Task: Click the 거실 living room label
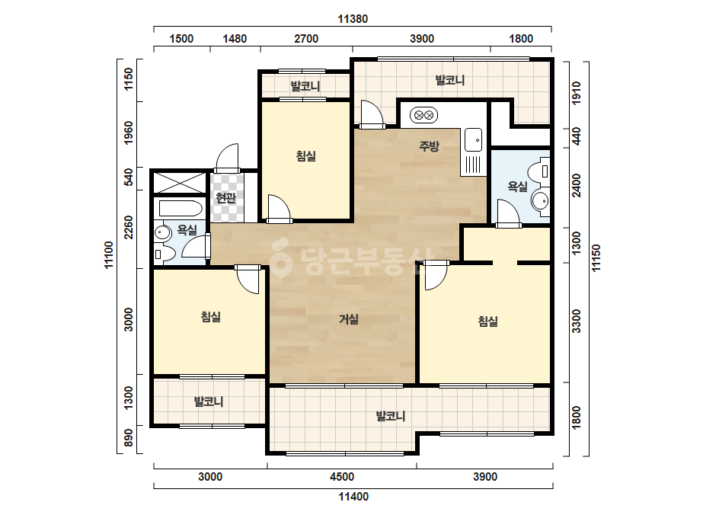pyautogui.click(x=348, y=319)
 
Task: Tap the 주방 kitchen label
pyautogui.click(x=429, y=146)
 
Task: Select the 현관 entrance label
pyautogui.click(x=225, y=197)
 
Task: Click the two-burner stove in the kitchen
pyautogui.click(x=423, y=115)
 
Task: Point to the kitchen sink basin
pyautogui.click(x=474, y=139)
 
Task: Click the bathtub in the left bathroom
pyautogui.click(x=181, y=209)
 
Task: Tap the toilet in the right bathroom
pyautogui.click(x=539, y=171)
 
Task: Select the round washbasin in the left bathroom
pyautogui.click(x=162, y=232)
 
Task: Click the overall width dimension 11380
pyautogui.click(x=353, y=19)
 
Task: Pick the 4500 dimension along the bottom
pyautogui.click(x=342, y=476)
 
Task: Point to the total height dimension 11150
pyautogui.click(x=596, y=258)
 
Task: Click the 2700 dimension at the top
pyautogui.click(x=306, y=39)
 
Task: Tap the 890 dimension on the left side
pyautogui.click(x=129, y=438)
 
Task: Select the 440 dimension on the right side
pyautogui.click(x=577, y=136)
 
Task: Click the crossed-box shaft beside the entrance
pyautogui.click(x=179, y=183)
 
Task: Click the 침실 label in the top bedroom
pyautogui.click(x=306, y=155)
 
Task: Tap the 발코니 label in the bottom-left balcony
pyautogui.click(x=209, y=401)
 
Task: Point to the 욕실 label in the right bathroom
pyautogui.click(x=517, y=186)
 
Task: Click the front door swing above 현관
pyautogui.click(x=227, y=158)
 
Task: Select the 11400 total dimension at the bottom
pyautogui.click(x=353, y=497)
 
